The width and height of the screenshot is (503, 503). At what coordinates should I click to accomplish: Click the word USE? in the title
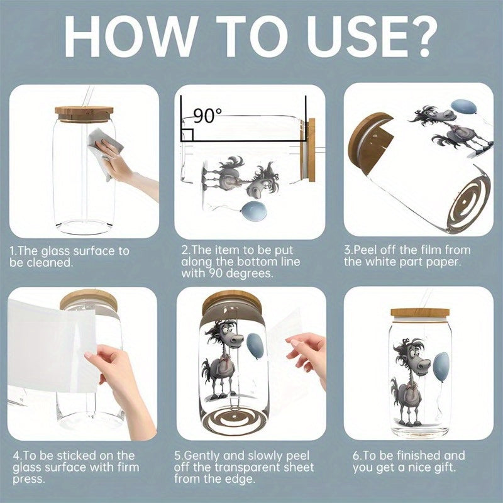pos(372,36)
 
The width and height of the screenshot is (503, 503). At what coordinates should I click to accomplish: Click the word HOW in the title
pos(129,36)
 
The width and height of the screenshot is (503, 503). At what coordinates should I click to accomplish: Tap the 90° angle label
pos(207,116)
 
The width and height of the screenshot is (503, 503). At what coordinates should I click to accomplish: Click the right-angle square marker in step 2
pos(187,135)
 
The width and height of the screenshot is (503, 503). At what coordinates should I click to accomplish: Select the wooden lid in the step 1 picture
pos(84,114)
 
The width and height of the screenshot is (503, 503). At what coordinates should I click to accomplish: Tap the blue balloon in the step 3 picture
pos(463,108)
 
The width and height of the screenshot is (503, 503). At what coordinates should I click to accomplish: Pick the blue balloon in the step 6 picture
pos(441,367)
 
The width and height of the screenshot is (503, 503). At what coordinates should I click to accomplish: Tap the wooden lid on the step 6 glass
pos(419,312)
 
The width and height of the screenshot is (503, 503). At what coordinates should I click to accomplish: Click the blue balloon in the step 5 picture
pos(255,346)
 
